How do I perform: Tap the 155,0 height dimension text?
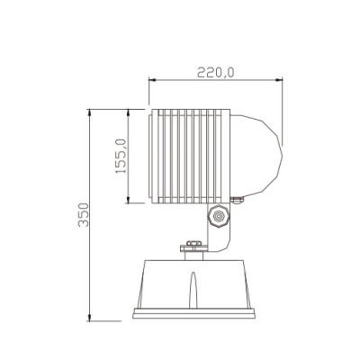[121, 154]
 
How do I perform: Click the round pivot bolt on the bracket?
[218, 217]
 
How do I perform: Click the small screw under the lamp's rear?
[236, 201]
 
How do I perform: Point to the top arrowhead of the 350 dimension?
[92, 112]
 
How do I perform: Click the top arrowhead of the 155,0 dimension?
[132, 112]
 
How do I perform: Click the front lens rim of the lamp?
[148, 155]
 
